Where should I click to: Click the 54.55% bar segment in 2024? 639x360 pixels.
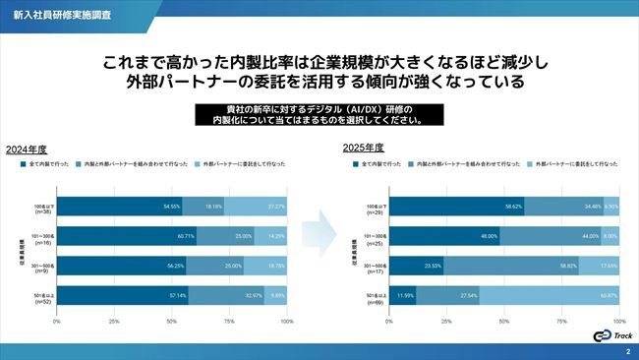[119, 208]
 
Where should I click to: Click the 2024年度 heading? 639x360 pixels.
[27, 150]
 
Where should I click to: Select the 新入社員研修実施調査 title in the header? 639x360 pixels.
[48, 16]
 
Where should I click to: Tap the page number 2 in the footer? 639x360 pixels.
[627, 351]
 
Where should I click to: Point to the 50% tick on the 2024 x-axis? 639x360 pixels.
[172, 322]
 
